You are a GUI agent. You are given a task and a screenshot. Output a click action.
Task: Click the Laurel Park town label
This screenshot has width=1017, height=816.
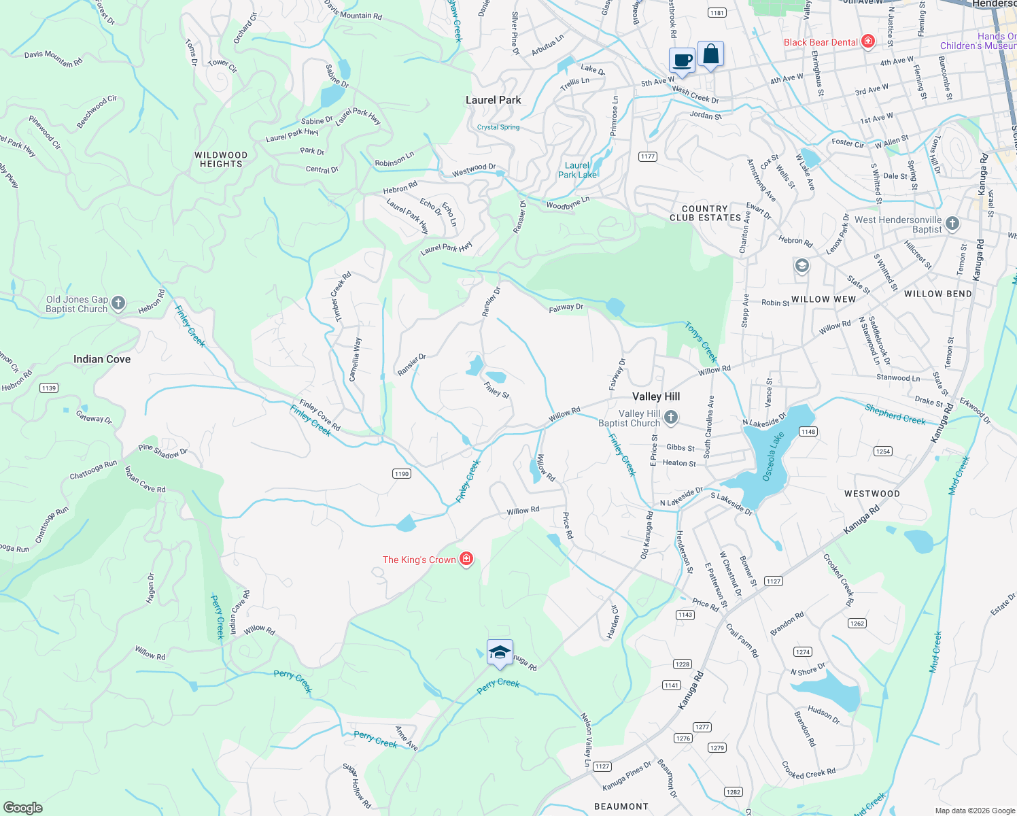[493, 100]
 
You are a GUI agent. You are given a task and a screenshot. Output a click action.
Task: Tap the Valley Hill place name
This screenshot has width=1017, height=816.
[655, 396]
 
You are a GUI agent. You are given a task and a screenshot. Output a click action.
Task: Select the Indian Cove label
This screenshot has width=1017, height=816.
[102, 359]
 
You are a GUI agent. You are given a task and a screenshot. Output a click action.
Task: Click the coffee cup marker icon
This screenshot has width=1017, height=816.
[682, 60]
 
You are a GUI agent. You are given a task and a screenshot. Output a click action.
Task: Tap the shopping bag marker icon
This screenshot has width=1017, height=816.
[710, 54]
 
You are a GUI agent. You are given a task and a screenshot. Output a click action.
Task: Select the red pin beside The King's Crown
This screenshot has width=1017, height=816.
[466, 559]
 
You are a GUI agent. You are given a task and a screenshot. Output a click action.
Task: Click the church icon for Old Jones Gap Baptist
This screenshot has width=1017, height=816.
[118, 303]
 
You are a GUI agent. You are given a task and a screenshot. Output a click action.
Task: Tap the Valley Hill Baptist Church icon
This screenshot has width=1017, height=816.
[671, 418]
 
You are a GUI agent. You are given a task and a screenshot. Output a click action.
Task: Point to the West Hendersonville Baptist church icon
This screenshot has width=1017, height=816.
[952, 223]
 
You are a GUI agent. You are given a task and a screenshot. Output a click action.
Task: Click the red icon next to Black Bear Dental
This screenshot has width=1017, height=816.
[867, 41]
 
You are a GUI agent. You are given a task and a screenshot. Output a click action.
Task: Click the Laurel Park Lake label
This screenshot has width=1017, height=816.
[577, 170]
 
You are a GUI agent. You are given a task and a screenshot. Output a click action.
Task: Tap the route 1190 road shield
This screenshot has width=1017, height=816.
[402, 473]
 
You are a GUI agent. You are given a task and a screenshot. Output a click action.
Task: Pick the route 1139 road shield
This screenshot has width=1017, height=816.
[48, 388]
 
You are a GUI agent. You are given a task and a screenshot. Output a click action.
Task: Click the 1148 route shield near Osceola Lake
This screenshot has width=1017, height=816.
[808, 432]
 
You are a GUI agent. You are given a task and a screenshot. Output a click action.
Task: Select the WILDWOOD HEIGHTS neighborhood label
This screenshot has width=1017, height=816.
[221, 159]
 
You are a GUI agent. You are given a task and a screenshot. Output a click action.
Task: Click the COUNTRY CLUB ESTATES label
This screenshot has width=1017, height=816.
[705, 214]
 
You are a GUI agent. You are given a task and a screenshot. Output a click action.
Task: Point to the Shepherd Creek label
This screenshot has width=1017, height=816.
[895, 414]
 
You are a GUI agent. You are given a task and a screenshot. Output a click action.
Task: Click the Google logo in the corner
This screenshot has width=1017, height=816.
[23, 807]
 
